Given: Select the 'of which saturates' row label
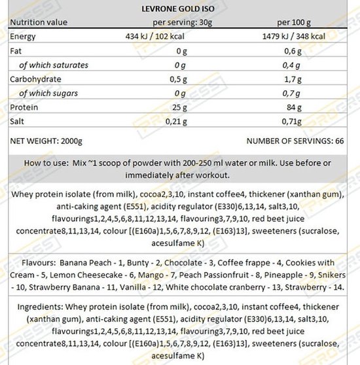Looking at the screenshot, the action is point(53,65).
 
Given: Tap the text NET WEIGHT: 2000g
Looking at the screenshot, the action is point(46,141).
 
